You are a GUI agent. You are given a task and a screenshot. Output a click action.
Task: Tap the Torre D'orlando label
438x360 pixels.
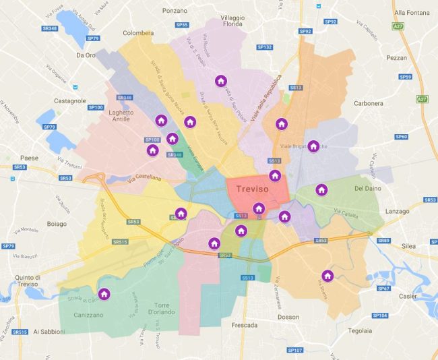point(159,307)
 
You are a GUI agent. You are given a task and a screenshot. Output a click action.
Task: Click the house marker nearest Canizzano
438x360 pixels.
point(104,294)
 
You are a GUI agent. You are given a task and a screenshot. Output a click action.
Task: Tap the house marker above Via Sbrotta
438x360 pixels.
point(327,275)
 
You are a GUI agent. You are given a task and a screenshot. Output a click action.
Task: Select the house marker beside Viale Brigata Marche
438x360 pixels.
point(313,146)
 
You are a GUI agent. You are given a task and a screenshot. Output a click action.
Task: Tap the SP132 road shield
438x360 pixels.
point(265,47)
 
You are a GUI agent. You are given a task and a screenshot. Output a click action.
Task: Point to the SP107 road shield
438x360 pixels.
point(295,350)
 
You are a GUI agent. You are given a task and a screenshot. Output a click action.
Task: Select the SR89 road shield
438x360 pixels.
point(384,241)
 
